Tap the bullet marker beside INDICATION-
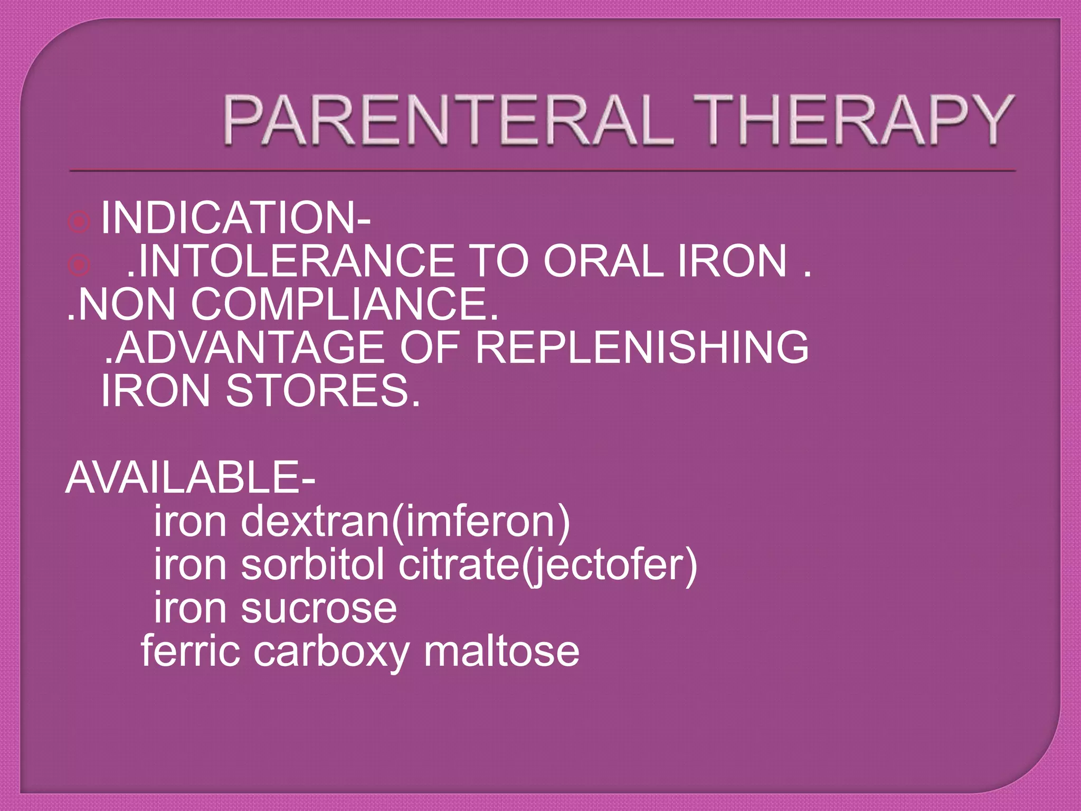[79, 222]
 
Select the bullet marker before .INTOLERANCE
[79, 265]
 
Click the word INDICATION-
[235, 218]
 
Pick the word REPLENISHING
[642, 347]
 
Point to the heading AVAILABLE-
[190, 477]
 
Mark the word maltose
[501, 652]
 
